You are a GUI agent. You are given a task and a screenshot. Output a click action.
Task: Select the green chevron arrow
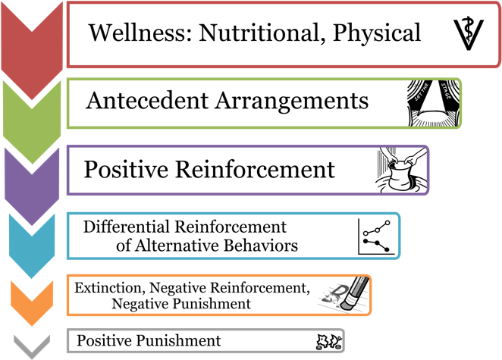tap(32, 122)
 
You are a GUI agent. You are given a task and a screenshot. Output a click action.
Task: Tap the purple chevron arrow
tap(32, 186)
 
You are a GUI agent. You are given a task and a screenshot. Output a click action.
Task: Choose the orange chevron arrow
tap(32, 303)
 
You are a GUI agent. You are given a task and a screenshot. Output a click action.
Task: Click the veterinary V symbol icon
tap(469, 33)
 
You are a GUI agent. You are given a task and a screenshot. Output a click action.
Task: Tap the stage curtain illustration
tap(434, 103)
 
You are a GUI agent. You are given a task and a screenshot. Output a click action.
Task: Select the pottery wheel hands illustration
tap(401, 170)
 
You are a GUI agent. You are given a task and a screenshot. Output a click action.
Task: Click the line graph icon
tap(376, 236)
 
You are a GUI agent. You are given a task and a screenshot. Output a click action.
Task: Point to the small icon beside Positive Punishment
tap(329, 342)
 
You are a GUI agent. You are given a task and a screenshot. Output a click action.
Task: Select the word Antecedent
tap(147, 101)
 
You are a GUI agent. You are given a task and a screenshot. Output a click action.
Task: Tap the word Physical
tap(377, 33)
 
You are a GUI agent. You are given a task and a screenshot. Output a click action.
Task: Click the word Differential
tap(127, 227)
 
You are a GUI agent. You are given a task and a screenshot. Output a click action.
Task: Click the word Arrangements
tap(292, 102)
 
